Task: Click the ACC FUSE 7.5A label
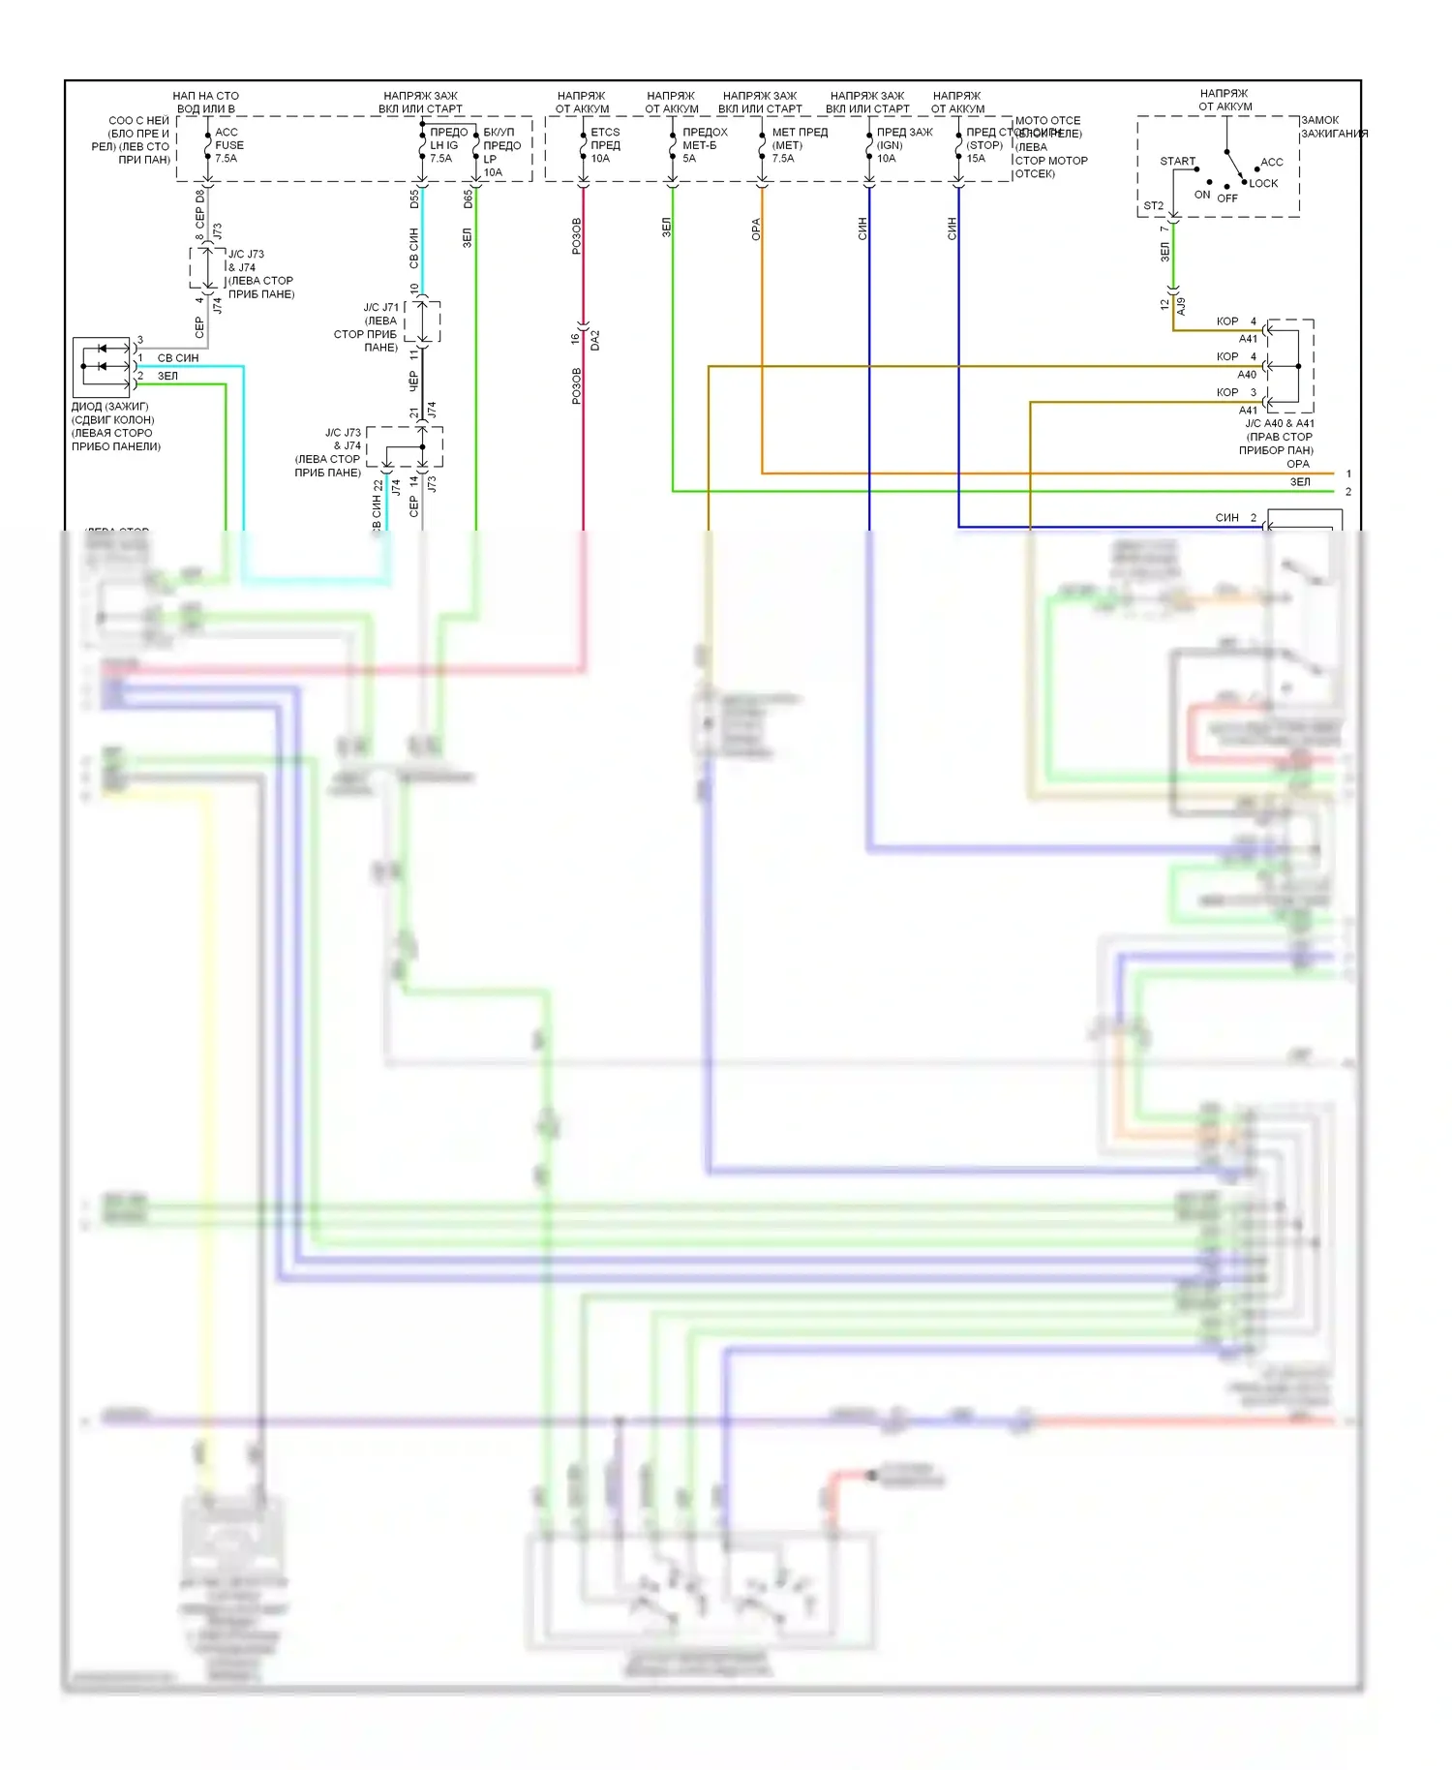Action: [x=228, y=145]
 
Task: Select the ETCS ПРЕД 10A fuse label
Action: [x=605, y=145]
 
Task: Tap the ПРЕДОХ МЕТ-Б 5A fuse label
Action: [x=704, y=145]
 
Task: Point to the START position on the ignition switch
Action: [x=1177, y=162]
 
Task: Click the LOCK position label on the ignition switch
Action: [x=1263, y=183]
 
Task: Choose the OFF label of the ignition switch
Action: [x=1227, y=198]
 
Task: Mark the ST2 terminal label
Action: [x=1153, y=206]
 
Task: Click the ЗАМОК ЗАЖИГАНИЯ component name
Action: [x=1333, y=127]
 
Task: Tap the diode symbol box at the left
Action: [x=102, y=367]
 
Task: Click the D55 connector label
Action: [x=414, y=199]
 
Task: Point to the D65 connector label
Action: [x=468, y=199]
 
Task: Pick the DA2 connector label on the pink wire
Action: [x=595, y=340]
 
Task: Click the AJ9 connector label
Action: [x=1181, y=306]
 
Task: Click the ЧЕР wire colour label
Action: [x=413, y=381]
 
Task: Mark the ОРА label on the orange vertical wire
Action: [x=756, y=229]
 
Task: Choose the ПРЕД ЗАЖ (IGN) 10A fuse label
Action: [x=903, y=145]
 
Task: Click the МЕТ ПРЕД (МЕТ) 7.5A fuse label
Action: [x=799, y=145]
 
